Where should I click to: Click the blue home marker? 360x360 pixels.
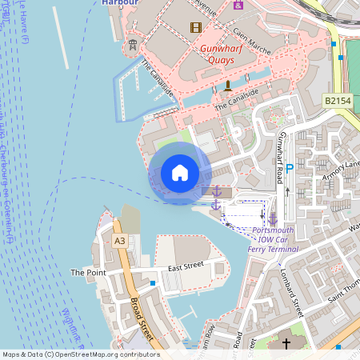pos(180,172)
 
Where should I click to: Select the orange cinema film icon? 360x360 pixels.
pos(196,28)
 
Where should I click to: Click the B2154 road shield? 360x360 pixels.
pos(339,100)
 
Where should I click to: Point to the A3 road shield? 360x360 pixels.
pos(120,240)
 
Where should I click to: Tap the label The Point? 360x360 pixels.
pos(88,273)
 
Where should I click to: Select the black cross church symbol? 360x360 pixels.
pos(286,344)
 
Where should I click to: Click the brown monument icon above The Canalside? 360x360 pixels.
pos(227,86)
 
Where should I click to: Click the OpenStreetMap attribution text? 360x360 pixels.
pos(81,354)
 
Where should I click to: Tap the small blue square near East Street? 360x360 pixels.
pos(153,282)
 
